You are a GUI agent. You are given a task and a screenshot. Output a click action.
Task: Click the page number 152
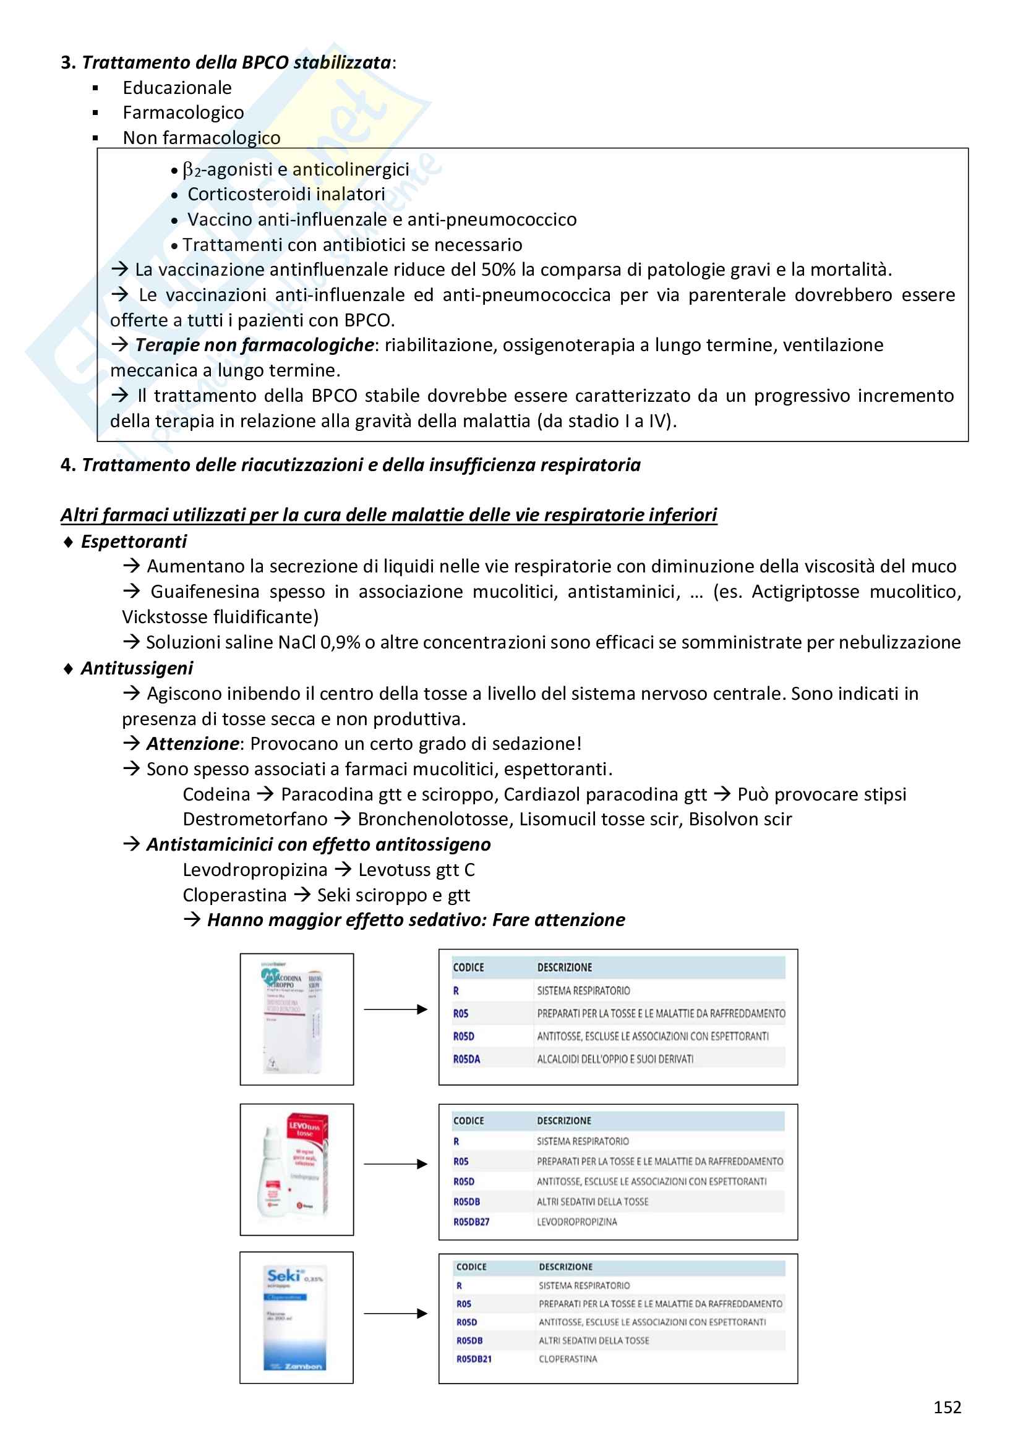click(947, 1407)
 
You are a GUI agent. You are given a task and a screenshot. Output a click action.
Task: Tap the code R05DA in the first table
click(466, 1060)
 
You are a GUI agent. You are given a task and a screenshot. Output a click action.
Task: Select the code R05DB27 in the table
click(471, 1222)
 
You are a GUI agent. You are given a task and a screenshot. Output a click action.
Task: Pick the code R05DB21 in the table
click(474, 1359)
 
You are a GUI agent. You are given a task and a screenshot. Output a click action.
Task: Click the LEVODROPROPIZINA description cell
click(576, 1222)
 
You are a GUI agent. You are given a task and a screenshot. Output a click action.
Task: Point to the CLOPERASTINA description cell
click(568, 1359)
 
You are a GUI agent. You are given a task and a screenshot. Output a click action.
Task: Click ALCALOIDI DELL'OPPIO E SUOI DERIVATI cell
click(615, 1060)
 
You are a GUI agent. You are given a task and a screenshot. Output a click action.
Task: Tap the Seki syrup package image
click(296, 1317)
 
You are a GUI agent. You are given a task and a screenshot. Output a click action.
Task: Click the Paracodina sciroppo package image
click(296, 1019)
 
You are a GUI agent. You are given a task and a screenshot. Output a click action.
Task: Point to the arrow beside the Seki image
click(396, 1314)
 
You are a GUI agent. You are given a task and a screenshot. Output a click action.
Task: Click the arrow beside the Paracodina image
click(396, 1010)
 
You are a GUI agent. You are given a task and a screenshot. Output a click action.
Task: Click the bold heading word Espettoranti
click(134, 542)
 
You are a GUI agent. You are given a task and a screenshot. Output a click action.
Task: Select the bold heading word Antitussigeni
click(137, 668)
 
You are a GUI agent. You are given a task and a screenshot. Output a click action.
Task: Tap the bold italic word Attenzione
click(192, 744)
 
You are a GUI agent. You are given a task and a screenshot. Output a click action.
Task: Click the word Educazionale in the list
click(177, 88)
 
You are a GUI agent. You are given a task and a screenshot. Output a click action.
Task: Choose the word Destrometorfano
click(254, 819)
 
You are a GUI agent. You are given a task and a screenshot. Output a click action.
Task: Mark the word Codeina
click(216, 794)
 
